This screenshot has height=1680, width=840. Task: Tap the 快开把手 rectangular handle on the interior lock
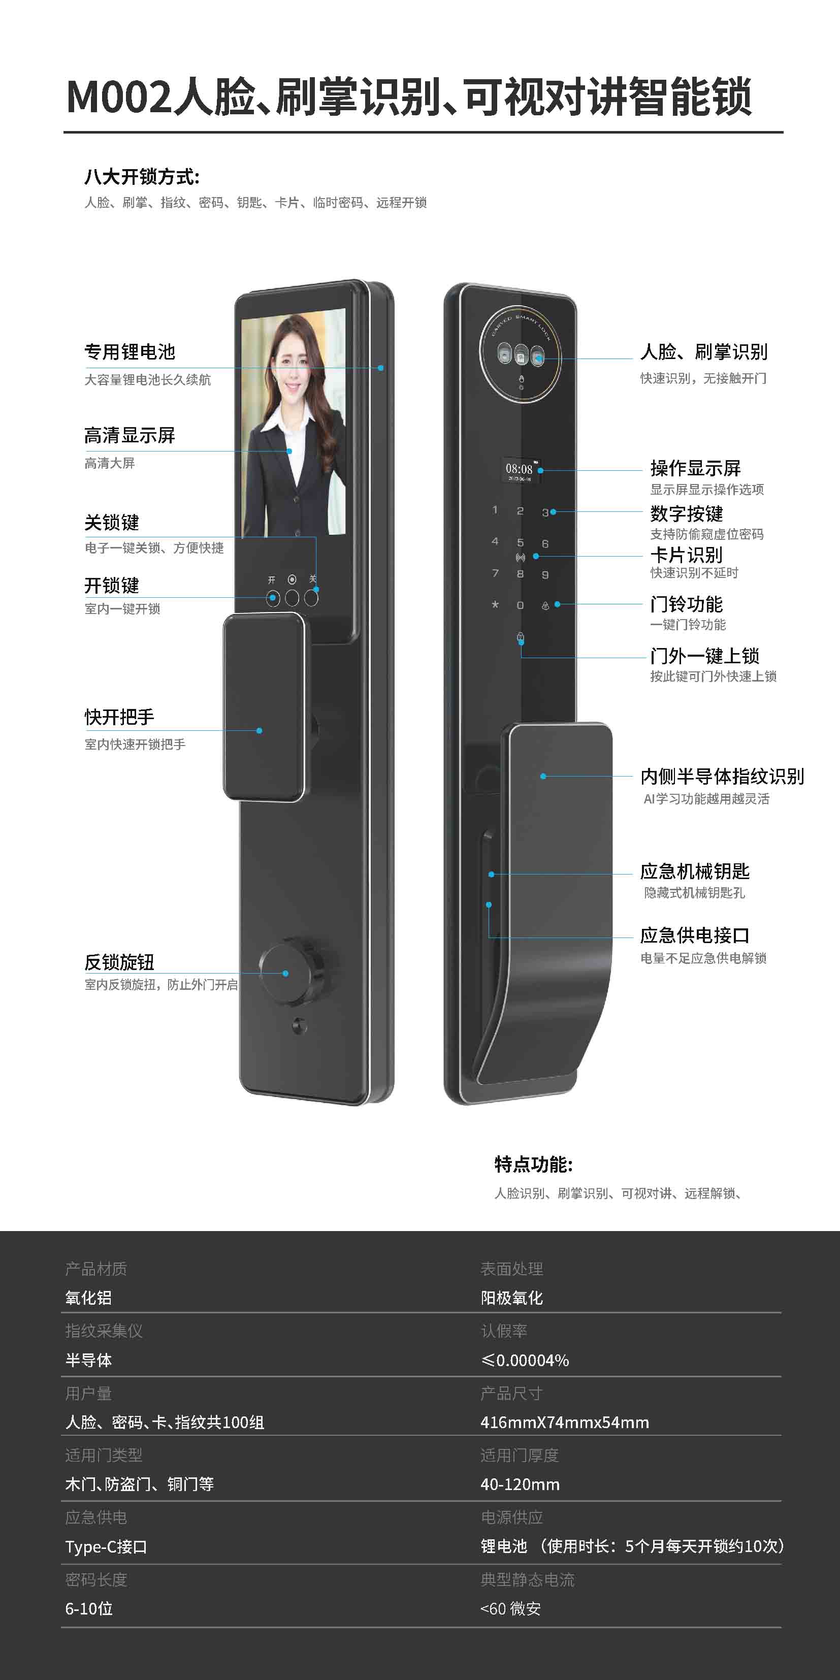pyautogui.click(x=264, y=707)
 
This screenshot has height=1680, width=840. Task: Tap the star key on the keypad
pyautogui.click(x=495, y=604)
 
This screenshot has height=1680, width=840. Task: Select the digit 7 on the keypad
pyautogui.click(x=495, y=573)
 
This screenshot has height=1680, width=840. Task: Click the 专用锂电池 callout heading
pyautogui.click(x=130, y=352)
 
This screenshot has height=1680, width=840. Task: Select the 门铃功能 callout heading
pyautogui.click(x=686, y=604)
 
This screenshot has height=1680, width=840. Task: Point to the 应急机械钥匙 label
pyautogui.click(x=695, y=871)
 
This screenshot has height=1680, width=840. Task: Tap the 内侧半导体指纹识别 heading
pyautogui.click(x=722, y=776)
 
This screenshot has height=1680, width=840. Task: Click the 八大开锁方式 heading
pyautogui.click(x=142, y=177)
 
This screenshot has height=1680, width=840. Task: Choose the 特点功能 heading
pyautogui.click(x=533, y=1164)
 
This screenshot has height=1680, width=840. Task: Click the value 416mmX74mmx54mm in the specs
pyautogui.click(x=565, y=1423)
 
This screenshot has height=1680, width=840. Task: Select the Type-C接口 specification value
pyautogui.click(x=106, y=1547)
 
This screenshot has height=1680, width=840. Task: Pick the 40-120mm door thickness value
pyautogui.click(x=520, y=1484)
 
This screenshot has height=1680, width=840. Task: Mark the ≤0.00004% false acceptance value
pyautogui.click(x=525, y=1361)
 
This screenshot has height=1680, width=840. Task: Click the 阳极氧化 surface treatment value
pyautogui.click(x=512, y=1298)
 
